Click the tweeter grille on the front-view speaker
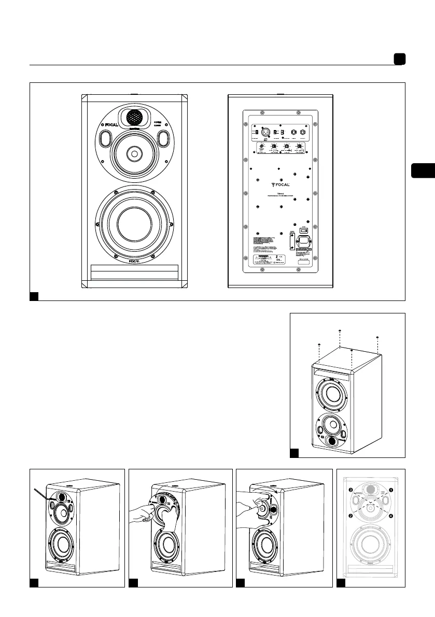point(134,117)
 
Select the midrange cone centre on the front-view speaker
point(134,153)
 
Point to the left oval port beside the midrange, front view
point(105,138)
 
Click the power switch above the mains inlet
point(305,230)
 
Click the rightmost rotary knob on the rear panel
point(299,149)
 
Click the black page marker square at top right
point(399,60)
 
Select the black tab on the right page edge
point(423,170)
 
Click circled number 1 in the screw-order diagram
point(391,489)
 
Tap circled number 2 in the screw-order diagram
point(350,516)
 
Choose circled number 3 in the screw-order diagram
point(350,489)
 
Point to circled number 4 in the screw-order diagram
point(391,516)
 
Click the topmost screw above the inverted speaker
point(340,330)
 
